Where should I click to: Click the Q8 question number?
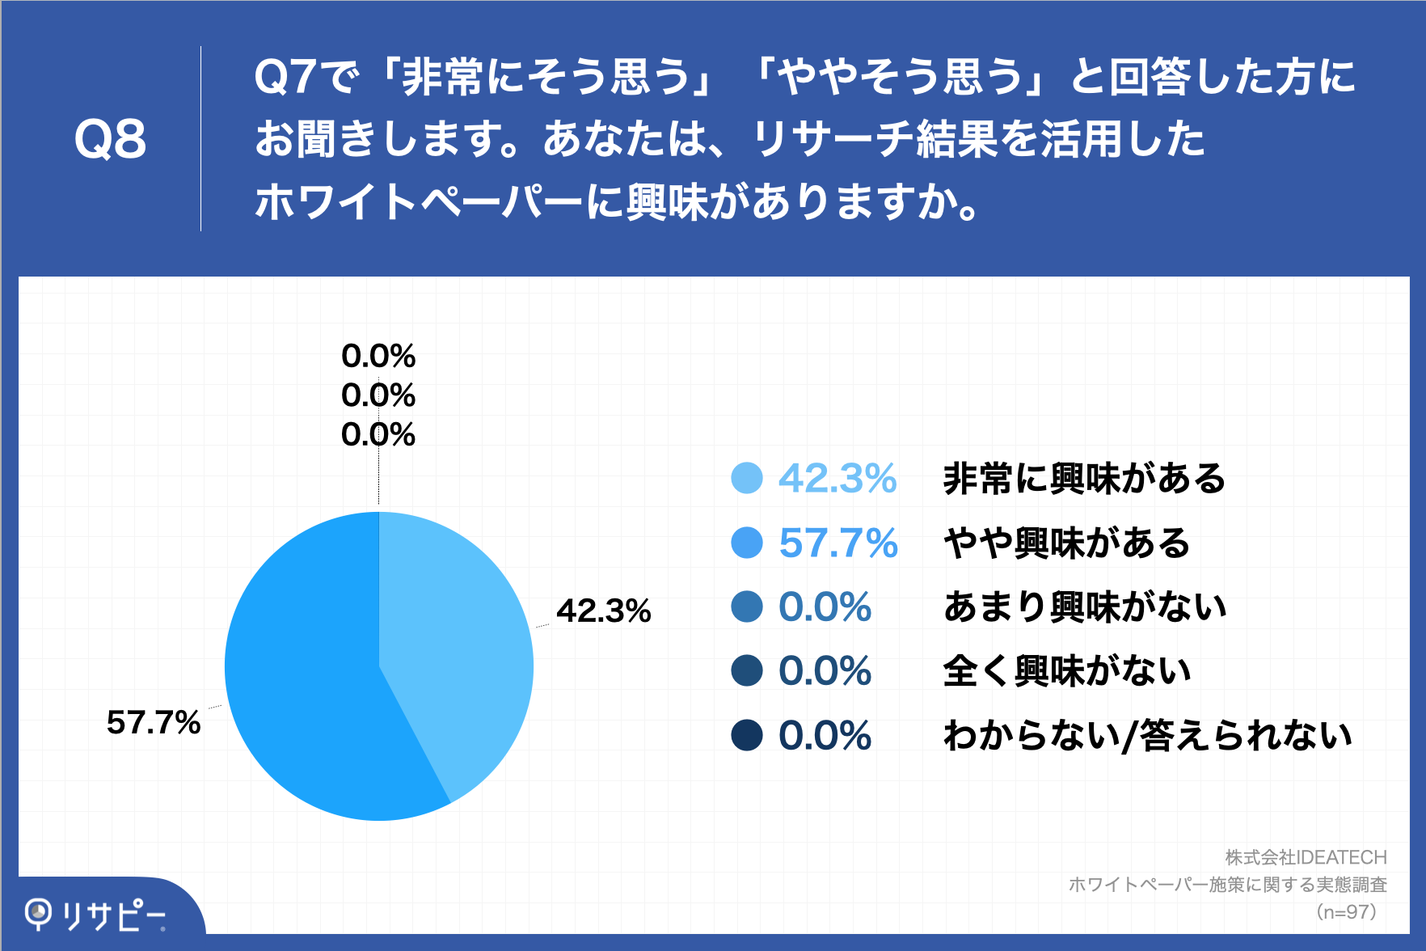tap(110, 139)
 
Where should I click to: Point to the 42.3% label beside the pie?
tap(603, 611)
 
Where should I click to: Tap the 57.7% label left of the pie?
tap(154, 722)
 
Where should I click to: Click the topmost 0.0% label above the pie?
tap(378, 356)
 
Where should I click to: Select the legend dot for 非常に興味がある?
tap(746, 478)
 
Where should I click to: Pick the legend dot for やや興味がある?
tap(746, 543)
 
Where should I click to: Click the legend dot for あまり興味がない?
tap(746, 607)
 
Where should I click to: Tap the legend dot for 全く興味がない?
tap(746, 670)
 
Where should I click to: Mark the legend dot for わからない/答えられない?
tap(746, 735)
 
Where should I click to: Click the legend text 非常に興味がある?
tap(1084, 478)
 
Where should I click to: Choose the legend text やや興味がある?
tap(1067, 543)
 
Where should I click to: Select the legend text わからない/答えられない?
tap(1148, 735)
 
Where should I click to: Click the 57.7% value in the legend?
tap(838, 543)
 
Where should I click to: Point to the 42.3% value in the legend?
tap(837, 478)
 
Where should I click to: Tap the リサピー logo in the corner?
tap(95, 915)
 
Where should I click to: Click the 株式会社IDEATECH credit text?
tap(1306, 857)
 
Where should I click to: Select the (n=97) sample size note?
tap(1346, 912)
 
